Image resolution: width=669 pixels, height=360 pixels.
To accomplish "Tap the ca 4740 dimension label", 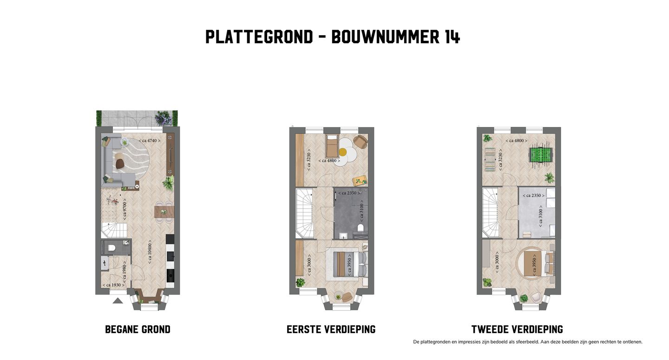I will point(150,140).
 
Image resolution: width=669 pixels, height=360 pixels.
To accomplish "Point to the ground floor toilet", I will point(111,248).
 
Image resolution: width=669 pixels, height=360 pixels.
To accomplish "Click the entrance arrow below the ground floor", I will point(118,301).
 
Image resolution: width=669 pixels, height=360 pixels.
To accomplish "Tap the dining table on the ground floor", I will point(164,212).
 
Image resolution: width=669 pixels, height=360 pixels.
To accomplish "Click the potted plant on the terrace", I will point(163,118).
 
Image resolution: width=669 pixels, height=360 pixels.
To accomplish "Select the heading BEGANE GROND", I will point(138,330).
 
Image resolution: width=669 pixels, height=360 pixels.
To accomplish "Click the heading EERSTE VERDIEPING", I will point(331,330).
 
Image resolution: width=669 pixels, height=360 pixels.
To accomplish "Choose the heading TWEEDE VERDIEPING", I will point(517,330).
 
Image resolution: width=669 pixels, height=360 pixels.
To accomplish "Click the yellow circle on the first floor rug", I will point(343,151).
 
